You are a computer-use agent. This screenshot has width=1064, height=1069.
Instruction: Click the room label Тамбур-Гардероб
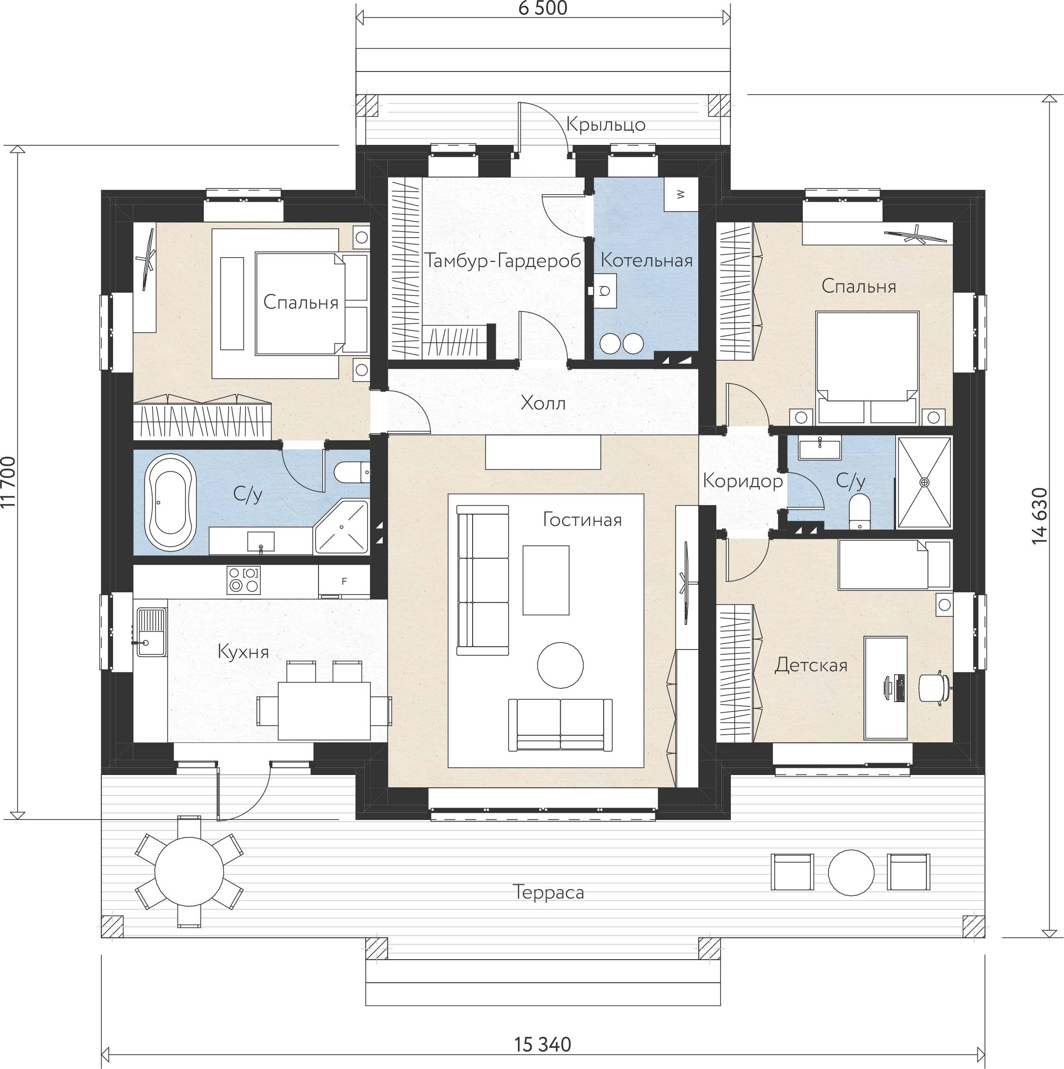[x=503, y=260]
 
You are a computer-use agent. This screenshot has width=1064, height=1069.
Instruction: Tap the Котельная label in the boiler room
[x=646, y=260]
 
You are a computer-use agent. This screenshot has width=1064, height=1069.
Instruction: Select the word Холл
[x=543, y=403]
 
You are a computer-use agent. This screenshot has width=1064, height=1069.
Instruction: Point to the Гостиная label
[x=582, y=519]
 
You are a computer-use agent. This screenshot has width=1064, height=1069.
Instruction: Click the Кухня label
[x=243, y=652]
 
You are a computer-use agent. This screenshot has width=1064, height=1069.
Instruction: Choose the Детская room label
[x=811, y=665]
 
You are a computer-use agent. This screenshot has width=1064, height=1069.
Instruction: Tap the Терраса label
[x=548, y=892]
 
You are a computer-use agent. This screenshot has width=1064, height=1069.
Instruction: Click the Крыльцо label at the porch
[x=606, y=125]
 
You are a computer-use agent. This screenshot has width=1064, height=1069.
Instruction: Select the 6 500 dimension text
[x=543, y=9]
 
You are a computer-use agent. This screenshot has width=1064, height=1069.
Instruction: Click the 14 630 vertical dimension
[x=1040, y=516]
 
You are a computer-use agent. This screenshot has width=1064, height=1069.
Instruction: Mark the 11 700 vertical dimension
[x=9, y=482]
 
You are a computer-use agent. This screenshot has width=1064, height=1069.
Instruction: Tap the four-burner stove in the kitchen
[x=243, y=580]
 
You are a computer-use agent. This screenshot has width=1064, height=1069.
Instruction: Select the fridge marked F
[x=344, y=581]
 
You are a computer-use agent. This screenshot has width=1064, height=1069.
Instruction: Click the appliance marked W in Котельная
[x=681, y=194]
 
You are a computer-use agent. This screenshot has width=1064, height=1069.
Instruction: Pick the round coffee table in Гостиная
[x=560, y=665]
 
